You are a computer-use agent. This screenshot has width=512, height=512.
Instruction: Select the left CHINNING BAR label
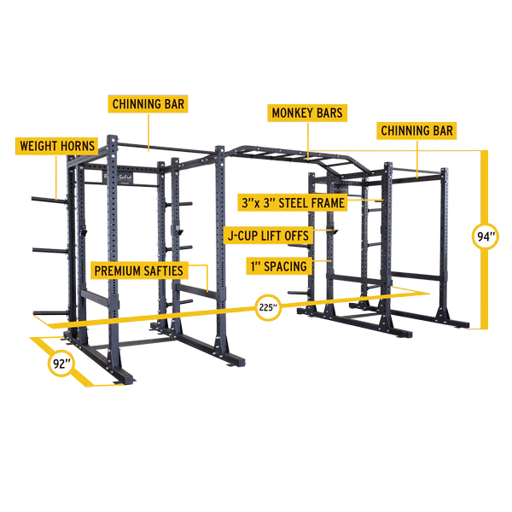click(148, 104)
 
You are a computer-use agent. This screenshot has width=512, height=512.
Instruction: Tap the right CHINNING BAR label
click(416, 131)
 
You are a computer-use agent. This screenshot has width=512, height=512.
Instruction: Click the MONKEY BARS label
click(307, 113)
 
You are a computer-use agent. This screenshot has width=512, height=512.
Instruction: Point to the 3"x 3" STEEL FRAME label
click(293, 202)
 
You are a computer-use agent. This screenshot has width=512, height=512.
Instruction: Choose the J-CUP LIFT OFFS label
click(267, 234)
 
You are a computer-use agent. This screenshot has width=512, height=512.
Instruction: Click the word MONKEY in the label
click(290, 113)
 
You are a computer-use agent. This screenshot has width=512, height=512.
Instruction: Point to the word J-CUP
click(243, 234)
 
